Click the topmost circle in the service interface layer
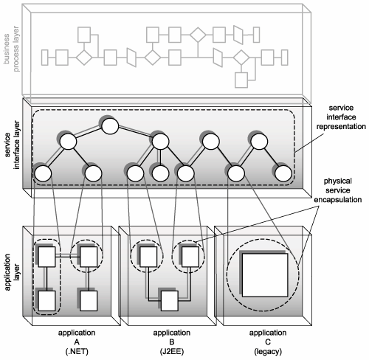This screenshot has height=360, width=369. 110,126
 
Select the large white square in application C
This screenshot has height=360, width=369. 265,275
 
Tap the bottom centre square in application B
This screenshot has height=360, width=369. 170,301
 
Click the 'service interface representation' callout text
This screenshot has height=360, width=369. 341,117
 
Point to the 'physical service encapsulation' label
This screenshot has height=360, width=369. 338,190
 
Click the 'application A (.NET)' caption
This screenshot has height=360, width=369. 77,342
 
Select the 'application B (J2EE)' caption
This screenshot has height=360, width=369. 172,342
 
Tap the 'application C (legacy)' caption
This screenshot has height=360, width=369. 268,342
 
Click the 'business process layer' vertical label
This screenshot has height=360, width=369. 11,49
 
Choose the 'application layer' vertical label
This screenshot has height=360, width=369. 11,272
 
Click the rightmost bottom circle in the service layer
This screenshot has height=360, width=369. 283,173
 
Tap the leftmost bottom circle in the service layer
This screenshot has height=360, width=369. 43,173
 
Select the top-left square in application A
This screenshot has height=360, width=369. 46,257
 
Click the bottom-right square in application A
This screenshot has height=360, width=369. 89,301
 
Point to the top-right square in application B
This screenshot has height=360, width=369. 190,257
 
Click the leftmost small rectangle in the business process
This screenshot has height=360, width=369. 44,58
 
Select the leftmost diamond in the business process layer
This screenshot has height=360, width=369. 84,58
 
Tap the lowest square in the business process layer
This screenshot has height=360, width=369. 241,80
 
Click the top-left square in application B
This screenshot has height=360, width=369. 148,257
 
